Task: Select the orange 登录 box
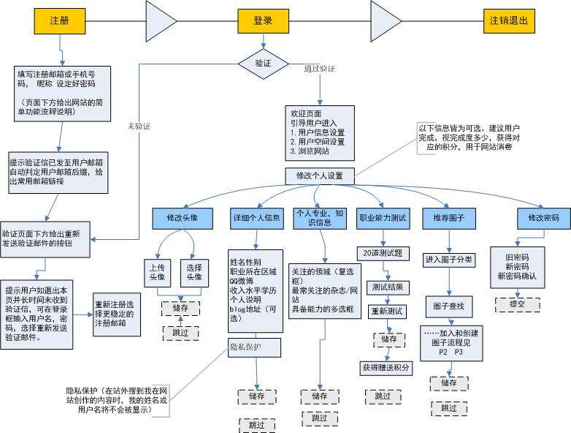pyautogui.click(x=263, y=21)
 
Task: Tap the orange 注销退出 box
pyautogui.click(x=509, y=21)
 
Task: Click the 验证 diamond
pyautogui.click(x=263, y=64)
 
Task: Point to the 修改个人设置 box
pyautogui.click(x=320, y=176)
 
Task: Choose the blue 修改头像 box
pyautogui.click(x=183, y=218)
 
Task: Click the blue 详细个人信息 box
pyautogui.click(x=256, y=218)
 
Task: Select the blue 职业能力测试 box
pyautogui.click(x=383, y=218)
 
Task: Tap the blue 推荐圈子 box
pyautogui.click(x=450, y=218)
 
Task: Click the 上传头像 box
pyautogui.click(x=157, y=271)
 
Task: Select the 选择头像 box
pyautogui.click(x=194, y=271)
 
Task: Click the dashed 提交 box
pyautogui.click(x=516, y=303)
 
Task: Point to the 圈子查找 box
pyautogui.click(x=450, y=305)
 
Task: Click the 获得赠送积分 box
pyautogui.click(x=386, y=367)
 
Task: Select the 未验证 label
pyautogui.click(x=138, y=126)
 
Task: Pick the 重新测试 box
pyautogui.click(x=387, y=311)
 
